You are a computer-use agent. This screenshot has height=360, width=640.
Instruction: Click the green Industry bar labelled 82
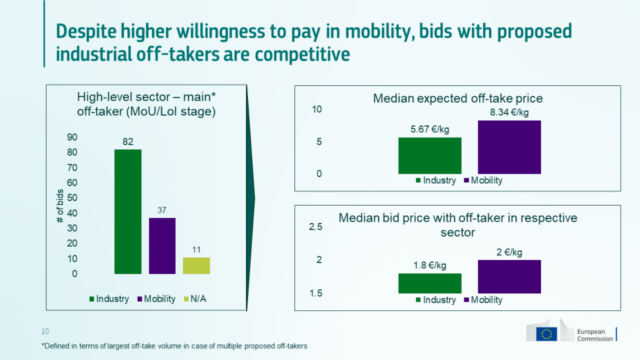tap(128, 211)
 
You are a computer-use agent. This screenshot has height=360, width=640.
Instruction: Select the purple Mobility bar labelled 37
tap(162, 245)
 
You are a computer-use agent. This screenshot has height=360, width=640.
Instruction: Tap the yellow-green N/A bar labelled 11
tap(196, 265)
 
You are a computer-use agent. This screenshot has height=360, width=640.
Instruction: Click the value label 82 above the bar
tap(128, 142)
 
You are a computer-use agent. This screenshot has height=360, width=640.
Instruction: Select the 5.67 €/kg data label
tap(429, 129)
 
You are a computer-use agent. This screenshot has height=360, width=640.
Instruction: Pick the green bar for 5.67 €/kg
tap(429, 155)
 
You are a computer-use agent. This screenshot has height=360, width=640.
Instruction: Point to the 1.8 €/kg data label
tap(429, 266)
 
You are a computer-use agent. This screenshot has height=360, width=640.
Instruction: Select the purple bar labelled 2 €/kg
tap(509, 276)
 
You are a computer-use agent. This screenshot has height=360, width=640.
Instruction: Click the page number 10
tap(45, 331)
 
